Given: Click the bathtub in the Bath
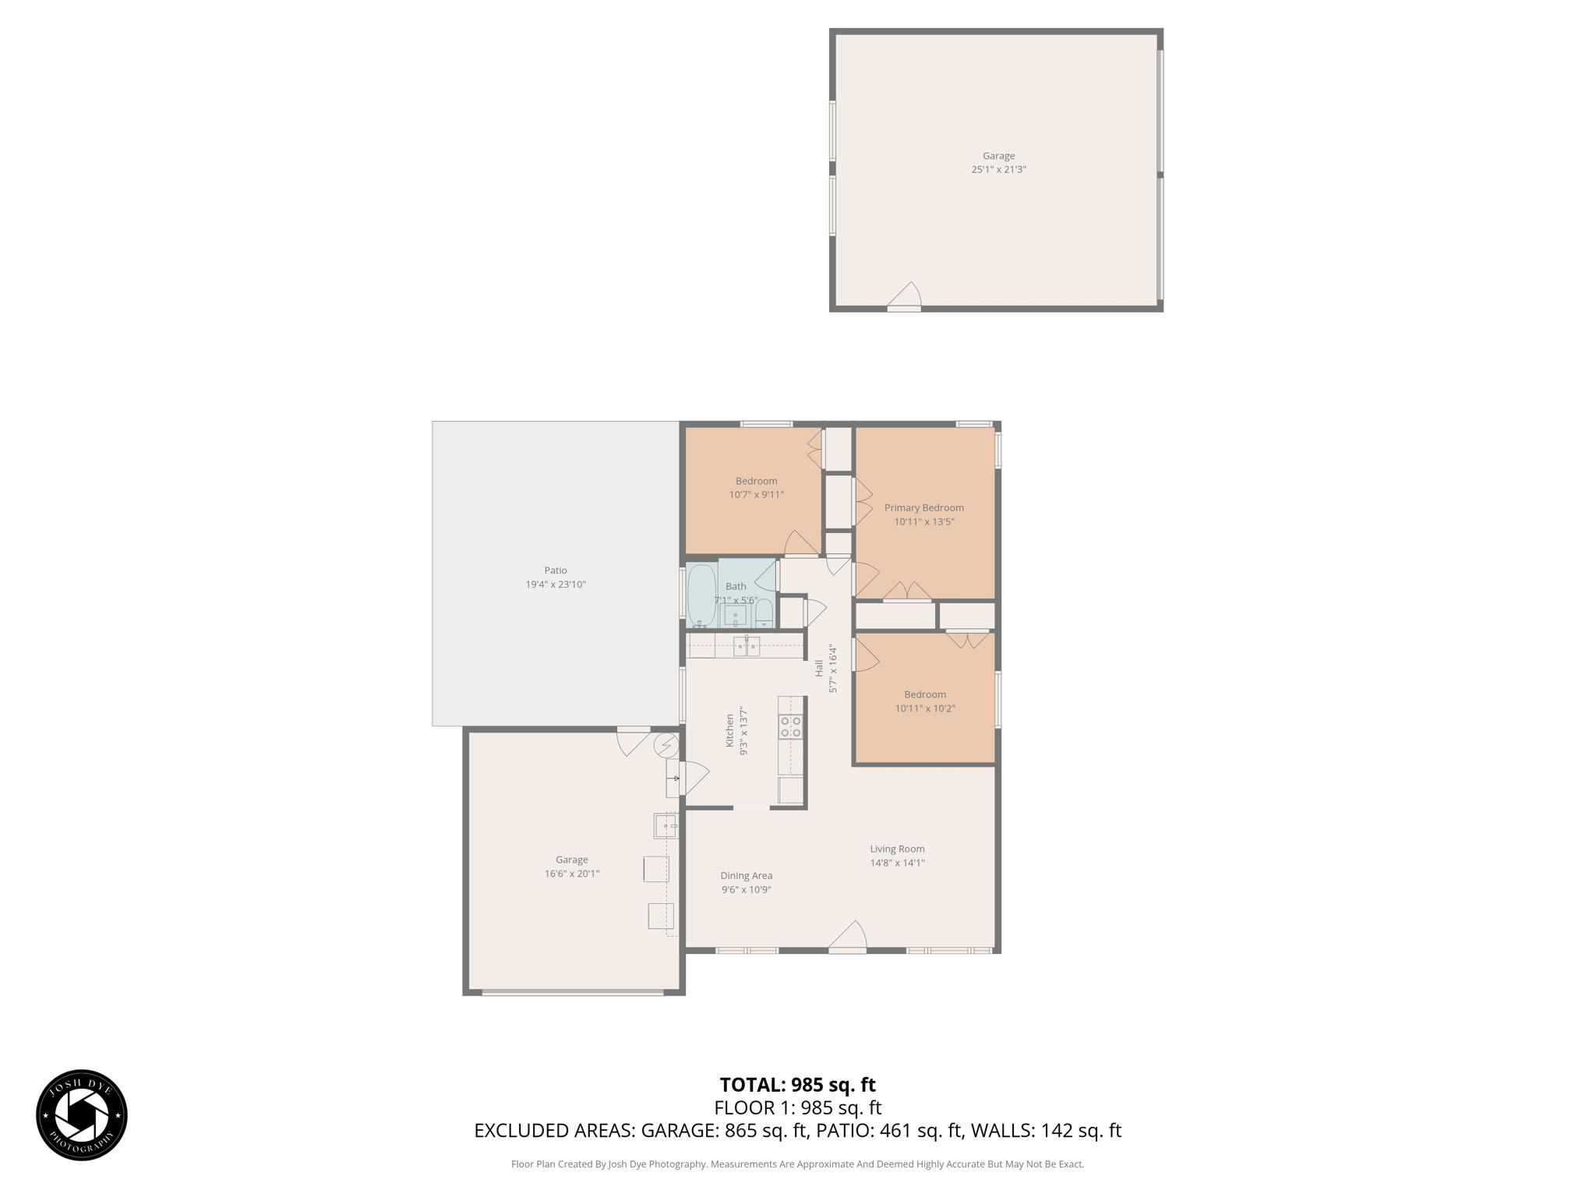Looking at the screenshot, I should (x=701, y=595).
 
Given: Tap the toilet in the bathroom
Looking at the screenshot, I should (x=764, y=613).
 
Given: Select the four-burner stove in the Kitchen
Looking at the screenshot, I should (x=791, y=727).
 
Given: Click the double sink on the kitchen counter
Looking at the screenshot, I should (x=746, y=645).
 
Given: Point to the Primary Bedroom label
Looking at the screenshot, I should (x=923, y=508).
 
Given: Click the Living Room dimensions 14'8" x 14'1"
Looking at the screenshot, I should (x=897, y=863).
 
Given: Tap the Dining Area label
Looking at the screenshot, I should (x=746, y=875).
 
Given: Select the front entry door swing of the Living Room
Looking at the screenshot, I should (x=848, y=937).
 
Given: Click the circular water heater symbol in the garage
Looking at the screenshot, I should (x=666, y=746).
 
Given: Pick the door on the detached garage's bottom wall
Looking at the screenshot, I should (x=905, y=297).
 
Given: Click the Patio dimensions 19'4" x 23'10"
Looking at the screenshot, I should (x=555, y=584).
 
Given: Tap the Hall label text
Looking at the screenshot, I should (x=818, y=668).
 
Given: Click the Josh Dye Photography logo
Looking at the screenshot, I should (x=82, y=1115).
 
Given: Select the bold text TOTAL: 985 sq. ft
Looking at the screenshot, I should (x=797, y=1085).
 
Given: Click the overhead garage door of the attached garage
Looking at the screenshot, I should (x=572, y=993).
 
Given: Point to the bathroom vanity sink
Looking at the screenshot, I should (x=735, y=616).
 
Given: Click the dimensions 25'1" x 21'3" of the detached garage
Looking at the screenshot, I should (x=998, y=169).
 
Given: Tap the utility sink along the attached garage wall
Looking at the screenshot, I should (x=666, y=824).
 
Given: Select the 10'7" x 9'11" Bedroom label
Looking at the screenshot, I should (x=756, y=494).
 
